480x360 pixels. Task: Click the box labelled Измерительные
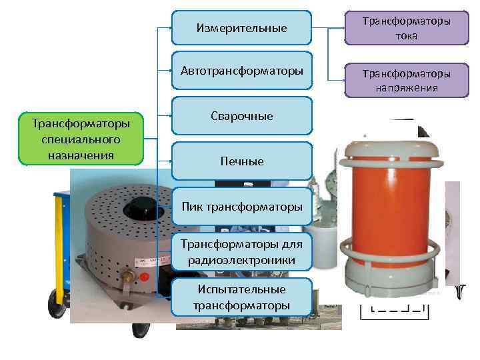coord(241,28)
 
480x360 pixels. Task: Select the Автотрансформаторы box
coord(241,70)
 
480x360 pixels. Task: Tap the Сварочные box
coord(241,116)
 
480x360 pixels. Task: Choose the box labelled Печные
coord(241,161)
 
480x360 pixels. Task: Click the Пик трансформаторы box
coord(241,207)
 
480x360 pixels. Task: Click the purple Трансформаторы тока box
coord(406,29)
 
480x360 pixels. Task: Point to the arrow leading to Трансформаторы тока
coord(328,29)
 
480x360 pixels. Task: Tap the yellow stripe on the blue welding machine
coord(64,201)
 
